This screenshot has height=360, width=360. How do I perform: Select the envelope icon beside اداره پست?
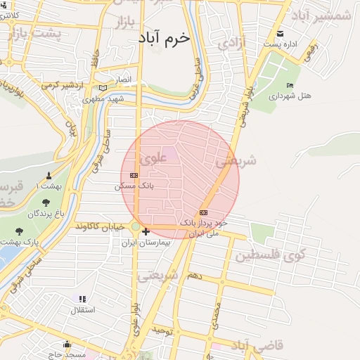click(x=281, y=34)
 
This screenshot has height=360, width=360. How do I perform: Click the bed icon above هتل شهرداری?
click(x=290, y=85)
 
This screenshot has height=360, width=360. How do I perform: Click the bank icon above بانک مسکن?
click(x=134, y=176)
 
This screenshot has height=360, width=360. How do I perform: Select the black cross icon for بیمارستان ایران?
click(x=146, y=231)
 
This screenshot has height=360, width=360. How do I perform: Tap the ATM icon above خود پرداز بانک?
click(x=204, y=212)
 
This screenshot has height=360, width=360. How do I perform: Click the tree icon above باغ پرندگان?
click(x=46, y=202)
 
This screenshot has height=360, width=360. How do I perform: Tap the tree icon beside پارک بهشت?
click(x=19, y=231)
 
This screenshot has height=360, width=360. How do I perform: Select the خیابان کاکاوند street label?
click(x=101, y=226)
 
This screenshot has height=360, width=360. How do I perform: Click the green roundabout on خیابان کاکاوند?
click(x=136, y=226)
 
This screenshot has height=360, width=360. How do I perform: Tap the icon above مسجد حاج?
click(x=67, y=344)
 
